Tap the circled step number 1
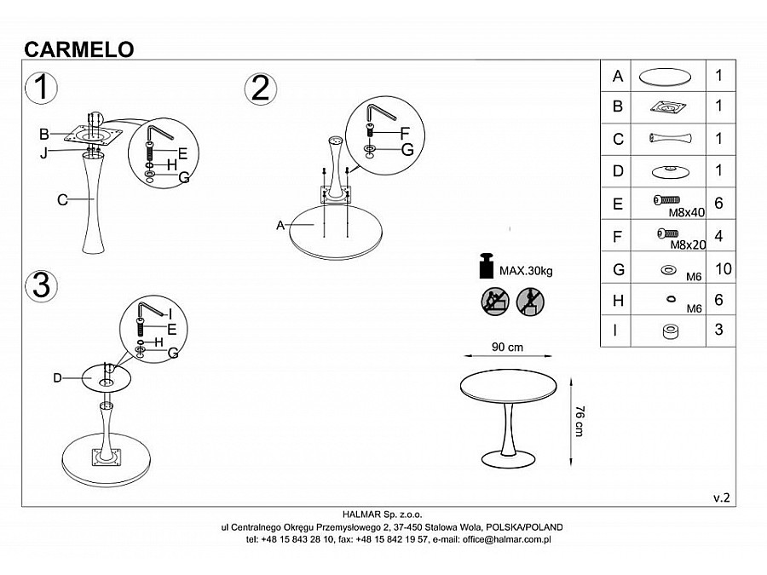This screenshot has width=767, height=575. coord(41,88)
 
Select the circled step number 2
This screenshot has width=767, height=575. coord(261,89)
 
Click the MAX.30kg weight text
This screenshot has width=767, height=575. coord(526,271)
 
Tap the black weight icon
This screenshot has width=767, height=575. coord(487,266)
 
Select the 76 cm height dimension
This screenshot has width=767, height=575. coord(580,421)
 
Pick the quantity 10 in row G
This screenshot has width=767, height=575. coord(724,269)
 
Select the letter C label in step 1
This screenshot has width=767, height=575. coord(61,200)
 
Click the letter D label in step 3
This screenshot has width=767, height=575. coord(57,377)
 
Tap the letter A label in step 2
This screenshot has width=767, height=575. coord(280,225)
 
